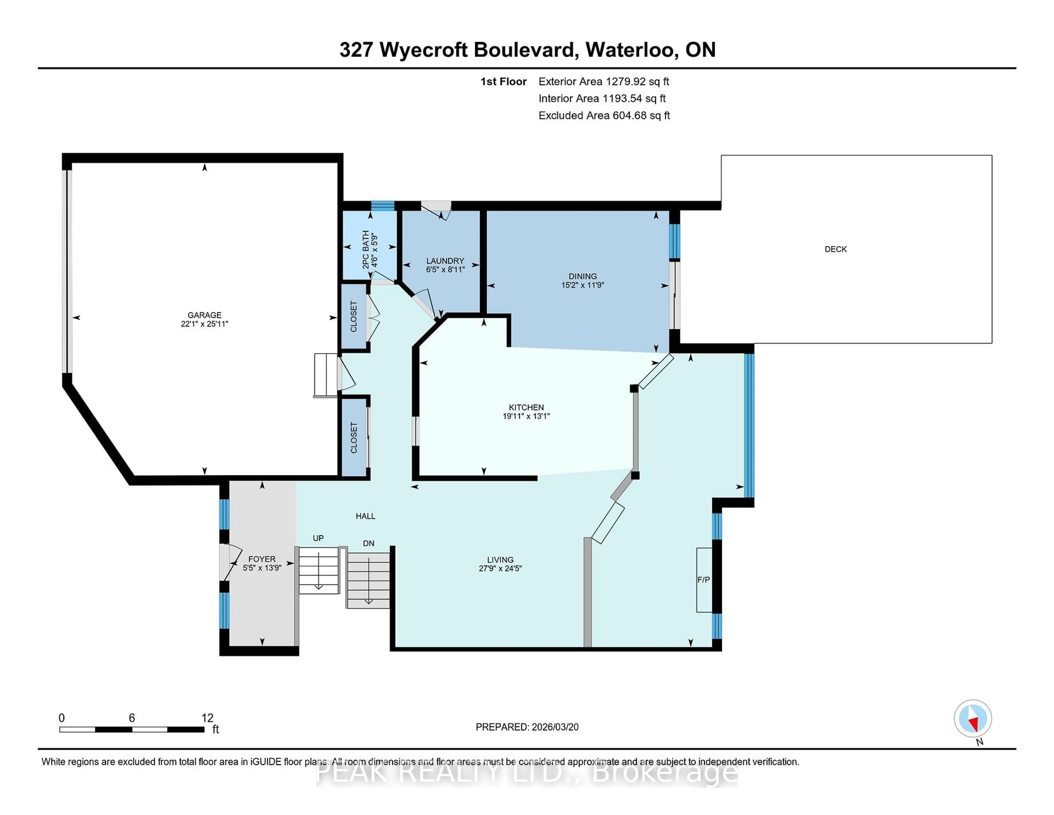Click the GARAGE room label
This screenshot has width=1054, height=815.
tap(204, 315)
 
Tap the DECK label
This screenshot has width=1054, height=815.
tap(836, 249)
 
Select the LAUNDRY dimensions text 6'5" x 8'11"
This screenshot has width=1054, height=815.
tap(445, 269)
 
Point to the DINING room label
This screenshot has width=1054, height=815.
tap(582, 276)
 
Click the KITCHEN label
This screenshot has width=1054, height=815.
tap(526, 407)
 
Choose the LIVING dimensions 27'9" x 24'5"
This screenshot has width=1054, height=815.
tap(500, 568)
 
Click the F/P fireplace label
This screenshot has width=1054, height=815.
tap(703, 579)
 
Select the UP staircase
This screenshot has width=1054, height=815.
tap(318, 570)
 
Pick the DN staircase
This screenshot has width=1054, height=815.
tap(368, 579)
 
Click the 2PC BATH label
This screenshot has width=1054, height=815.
tap(366, 249)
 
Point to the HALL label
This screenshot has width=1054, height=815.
tap(365, 516)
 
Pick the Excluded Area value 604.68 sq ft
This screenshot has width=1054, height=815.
tap(641, 115)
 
